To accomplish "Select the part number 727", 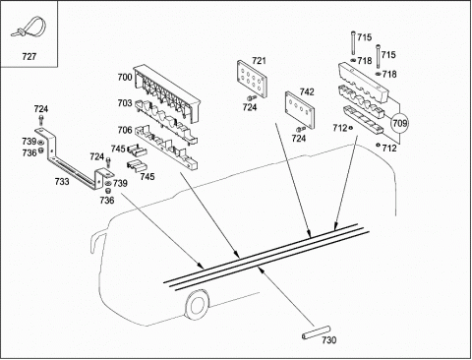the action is tap(29, 57).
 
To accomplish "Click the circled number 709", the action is tap(400, 123).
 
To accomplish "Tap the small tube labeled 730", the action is tap(316, 332).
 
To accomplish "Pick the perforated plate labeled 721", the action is tap(252, 79).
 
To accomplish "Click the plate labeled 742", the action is tap(300, 110).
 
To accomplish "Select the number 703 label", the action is tap(125, 103).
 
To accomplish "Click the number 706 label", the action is tap(125, 130).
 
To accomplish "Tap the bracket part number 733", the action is tap(62, 181).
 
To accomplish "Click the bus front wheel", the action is tap(197, 305).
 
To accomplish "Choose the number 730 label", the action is tap(329, 340).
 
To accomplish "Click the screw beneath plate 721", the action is tap(252, 97).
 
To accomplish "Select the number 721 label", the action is tap(259, 61).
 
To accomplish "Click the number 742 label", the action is tap(307, 91).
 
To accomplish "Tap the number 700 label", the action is tap(125, 78).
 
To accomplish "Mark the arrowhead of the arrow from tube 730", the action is tap(261, 270).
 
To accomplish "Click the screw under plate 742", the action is tap(299, 130).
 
